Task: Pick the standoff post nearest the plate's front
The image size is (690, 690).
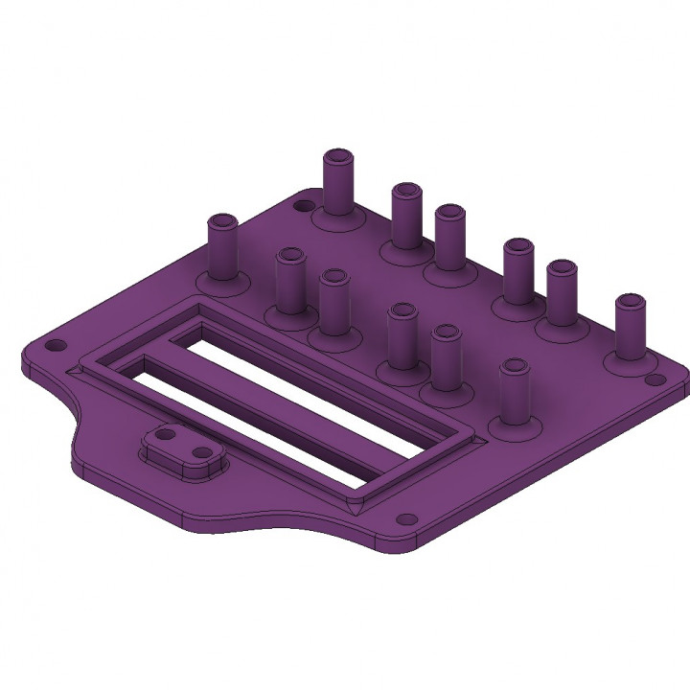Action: tap(514, 393)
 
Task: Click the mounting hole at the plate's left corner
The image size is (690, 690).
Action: tap(56, 343)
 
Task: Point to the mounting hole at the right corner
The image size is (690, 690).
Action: tap(655, 380)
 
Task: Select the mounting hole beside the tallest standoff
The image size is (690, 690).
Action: tap(302, 205)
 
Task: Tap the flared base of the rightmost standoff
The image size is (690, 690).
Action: tap(630, 363)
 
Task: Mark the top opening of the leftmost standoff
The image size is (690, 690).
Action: tap(223, 221)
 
